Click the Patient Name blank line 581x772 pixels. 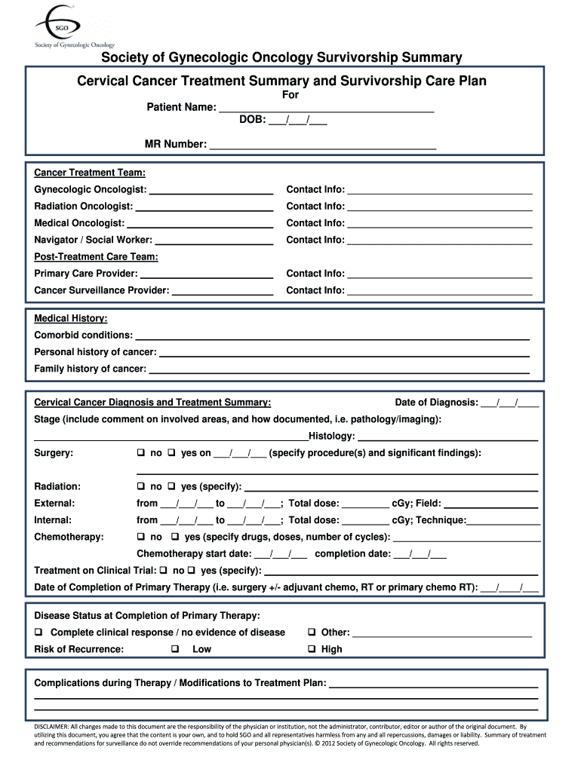click(x=326, y=110)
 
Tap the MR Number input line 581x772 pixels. click(x=322, y=146)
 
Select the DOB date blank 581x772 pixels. click(x=297, y=121)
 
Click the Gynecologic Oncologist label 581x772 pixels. click(x=91, y=189)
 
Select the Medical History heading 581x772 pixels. click(x=71, y=318)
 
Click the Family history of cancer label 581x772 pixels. click(x=90, y=369)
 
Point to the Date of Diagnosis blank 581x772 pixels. click(x=509, y=403)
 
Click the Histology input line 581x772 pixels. click(x=447, y=438)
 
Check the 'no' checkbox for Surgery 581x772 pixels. click(x=140, y=453)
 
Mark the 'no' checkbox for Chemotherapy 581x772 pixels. click(x=140, y=537)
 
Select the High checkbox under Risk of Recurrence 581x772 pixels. click(x=311, y=649)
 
